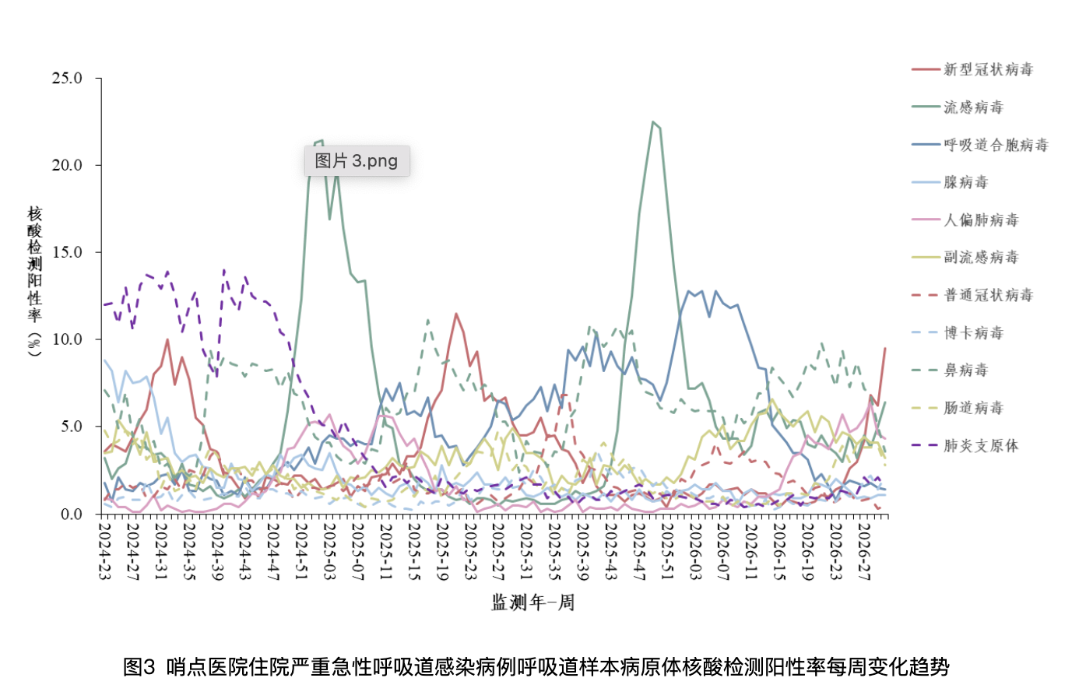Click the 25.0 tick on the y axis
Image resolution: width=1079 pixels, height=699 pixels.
click(67, 78)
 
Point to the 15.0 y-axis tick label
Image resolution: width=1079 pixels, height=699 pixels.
click(67, 252)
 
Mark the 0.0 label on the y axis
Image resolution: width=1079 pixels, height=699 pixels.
click(72, 514)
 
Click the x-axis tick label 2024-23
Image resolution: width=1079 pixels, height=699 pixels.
click(104, 551)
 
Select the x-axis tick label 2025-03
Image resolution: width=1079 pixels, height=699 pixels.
click(329, 551)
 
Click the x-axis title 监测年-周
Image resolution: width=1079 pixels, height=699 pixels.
click(532, 602)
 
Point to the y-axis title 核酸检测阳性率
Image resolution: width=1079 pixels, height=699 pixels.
click(34, 265)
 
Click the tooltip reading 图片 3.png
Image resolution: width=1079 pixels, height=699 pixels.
click(357, 161)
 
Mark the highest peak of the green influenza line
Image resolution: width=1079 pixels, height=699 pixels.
click(652, 122)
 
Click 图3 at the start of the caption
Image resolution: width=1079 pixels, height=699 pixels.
click(139, 667)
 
